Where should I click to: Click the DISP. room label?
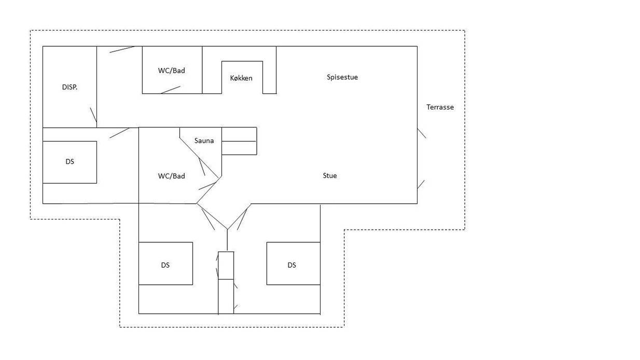pyautogui.click(x=69, y=87)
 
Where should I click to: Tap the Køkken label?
pyautogui.click(x=241, y=78)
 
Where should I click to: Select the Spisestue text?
pyautogui.click(x=342, y=77)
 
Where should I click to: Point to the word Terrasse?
pyautogui.click(x=440, y=107)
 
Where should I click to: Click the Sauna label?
pyautogui.click(x=204, y=141)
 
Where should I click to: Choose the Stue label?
pyautogui.click(x=330, y=176)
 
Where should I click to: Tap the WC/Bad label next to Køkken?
pyautogui.click(x=172, y=71)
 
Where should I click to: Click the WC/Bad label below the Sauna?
pyautogui.click(x=172, y=176)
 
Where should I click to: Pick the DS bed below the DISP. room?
pyautogui.click(x=69, y=162)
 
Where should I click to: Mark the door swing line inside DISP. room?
pyautogui.click(x=93, y=115)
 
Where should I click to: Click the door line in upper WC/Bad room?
pyautogui.click(x=171, y=90)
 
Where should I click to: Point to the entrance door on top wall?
pyautogui.click(x=122, y=49)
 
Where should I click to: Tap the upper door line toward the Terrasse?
pyautogui.click(x=422, y=133)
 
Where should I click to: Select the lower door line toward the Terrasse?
pyautogui.click(x=421, y=184)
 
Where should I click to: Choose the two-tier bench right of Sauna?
pyautogui.click(x=239, y=141)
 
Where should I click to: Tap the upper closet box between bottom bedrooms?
pyautogui.click(x=226, y=266)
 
